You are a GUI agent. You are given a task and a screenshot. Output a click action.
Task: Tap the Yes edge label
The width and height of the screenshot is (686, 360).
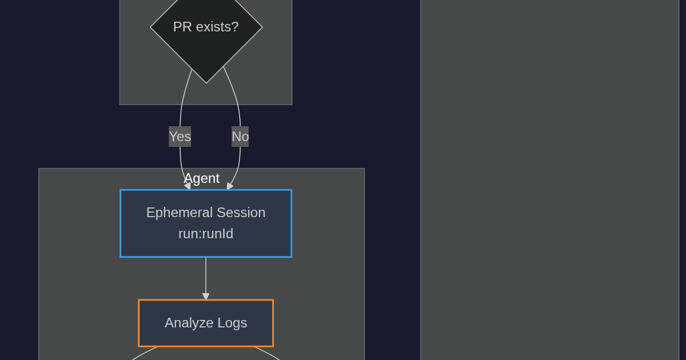tap(180, 137)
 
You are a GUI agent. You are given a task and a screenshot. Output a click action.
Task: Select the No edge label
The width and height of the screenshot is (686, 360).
tap(240, 137)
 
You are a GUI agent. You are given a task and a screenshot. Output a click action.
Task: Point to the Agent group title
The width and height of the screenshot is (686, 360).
tap(202, 178)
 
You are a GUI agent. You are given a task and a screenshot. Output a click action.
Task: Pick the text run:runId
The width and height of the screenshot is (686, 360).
tap(206, 234)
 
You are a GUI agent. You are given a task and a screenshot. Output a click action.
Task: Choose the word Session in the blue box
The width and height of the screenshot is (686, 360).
tap(239, 213)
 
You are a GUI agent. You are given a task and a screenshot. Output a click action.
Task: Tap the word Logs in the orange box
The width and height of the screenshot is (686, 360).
tap(232, 323)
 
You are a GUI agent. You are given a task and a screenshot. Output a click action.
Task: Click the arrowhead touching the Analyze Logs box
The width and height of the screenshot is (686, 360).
tap(206, 297)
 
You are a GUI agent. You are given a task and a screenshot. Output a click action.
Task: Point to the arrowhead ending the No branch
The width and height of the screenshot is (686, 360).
tap(229, 186)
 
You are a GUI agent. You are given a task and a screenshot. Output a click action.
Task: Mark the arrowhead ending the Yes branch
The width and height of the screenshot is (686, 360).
tap(187, 186)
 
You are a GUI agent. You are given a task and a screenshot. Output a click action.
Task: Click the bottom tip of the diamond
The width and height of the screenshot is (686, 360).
tap(206, 83)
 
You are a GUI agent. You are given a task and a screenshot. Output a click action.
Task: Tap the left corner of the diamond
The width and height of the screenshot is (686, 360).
tap(150, 27)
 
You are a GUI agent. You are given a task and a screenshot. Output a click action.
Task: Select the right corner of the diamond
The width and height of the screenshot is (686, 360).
tap(262, 27)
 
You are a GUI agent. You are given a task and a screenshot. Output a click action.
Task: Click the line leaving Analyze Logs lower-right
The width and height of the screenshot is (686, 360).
tap(269, 353)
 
